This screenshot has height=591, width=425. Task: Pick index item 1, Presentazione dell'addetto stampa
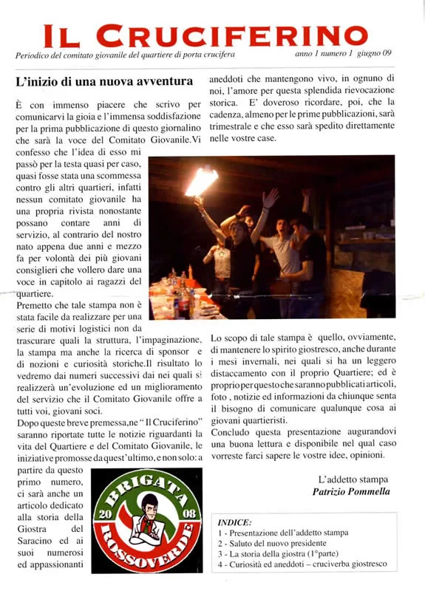tap(283, 533)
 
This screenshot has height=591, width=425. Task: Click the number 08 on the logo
tap(185, 513)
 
